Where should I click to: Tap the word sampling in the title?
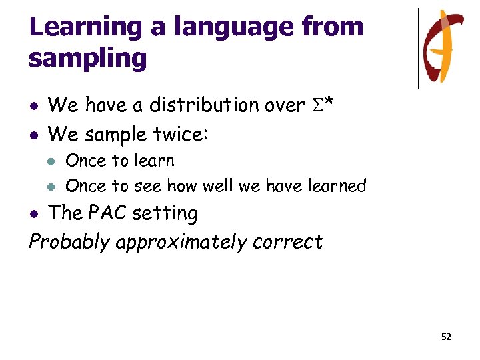tap(87, 59)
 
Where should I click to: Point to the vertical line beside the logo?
tap(419, 48)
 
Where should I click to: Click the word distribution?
tap(204, 105)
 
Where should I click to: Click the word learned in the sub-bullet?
tap(338, 185)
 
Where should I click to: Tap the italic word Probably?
tap(69, 241)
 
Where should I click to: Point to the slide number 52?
tap(446, 337)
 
